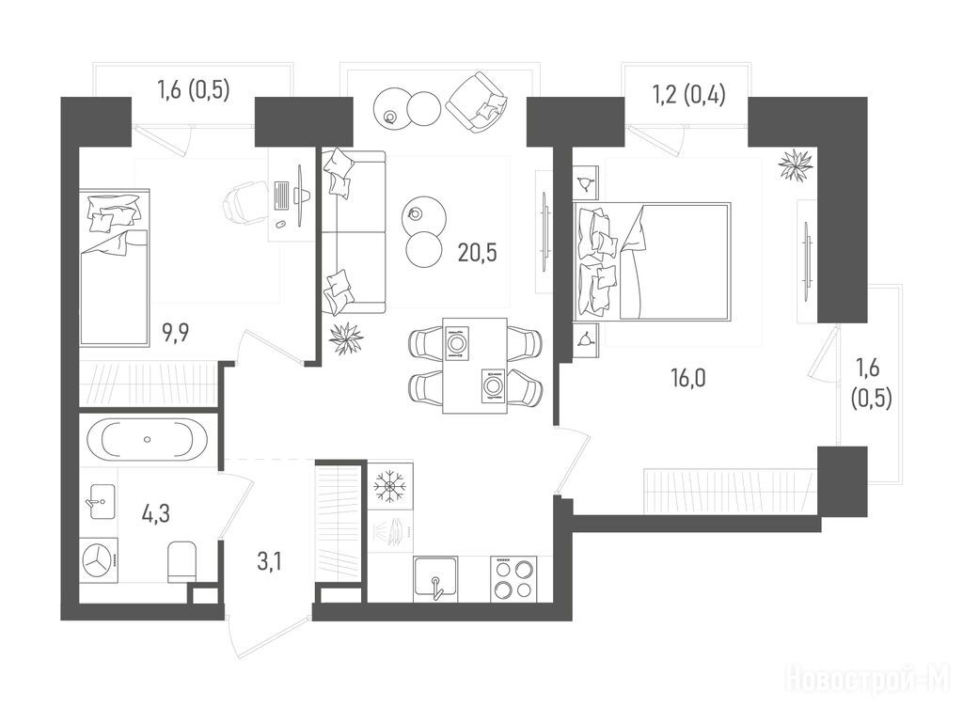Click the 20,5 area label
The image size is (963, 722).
(x=477, y=252)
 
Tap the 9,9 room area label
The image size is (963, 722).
(x=175, y=333)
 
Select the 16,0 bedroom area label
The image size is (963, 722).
(x=687, y=378)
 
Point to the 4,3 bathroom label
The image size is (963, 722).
(x=155, y=513)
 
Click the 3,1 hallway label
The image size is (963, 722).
(x=269, y=561)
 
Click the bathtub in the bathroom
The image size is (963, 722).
(x=148, y=438)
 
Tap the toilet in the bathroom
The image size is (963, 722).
(x=182, y=561)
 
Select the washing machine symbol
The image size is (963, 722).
(x=99, y=560)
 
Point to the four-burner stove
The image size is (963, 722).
(x=513, y=579)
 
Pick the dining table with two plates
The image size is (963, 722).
(x=475, y=366)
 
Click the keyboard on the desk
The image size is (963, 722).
(x=281, y=196)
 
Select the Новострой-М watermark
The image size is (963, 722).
(x=872, y=681)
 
